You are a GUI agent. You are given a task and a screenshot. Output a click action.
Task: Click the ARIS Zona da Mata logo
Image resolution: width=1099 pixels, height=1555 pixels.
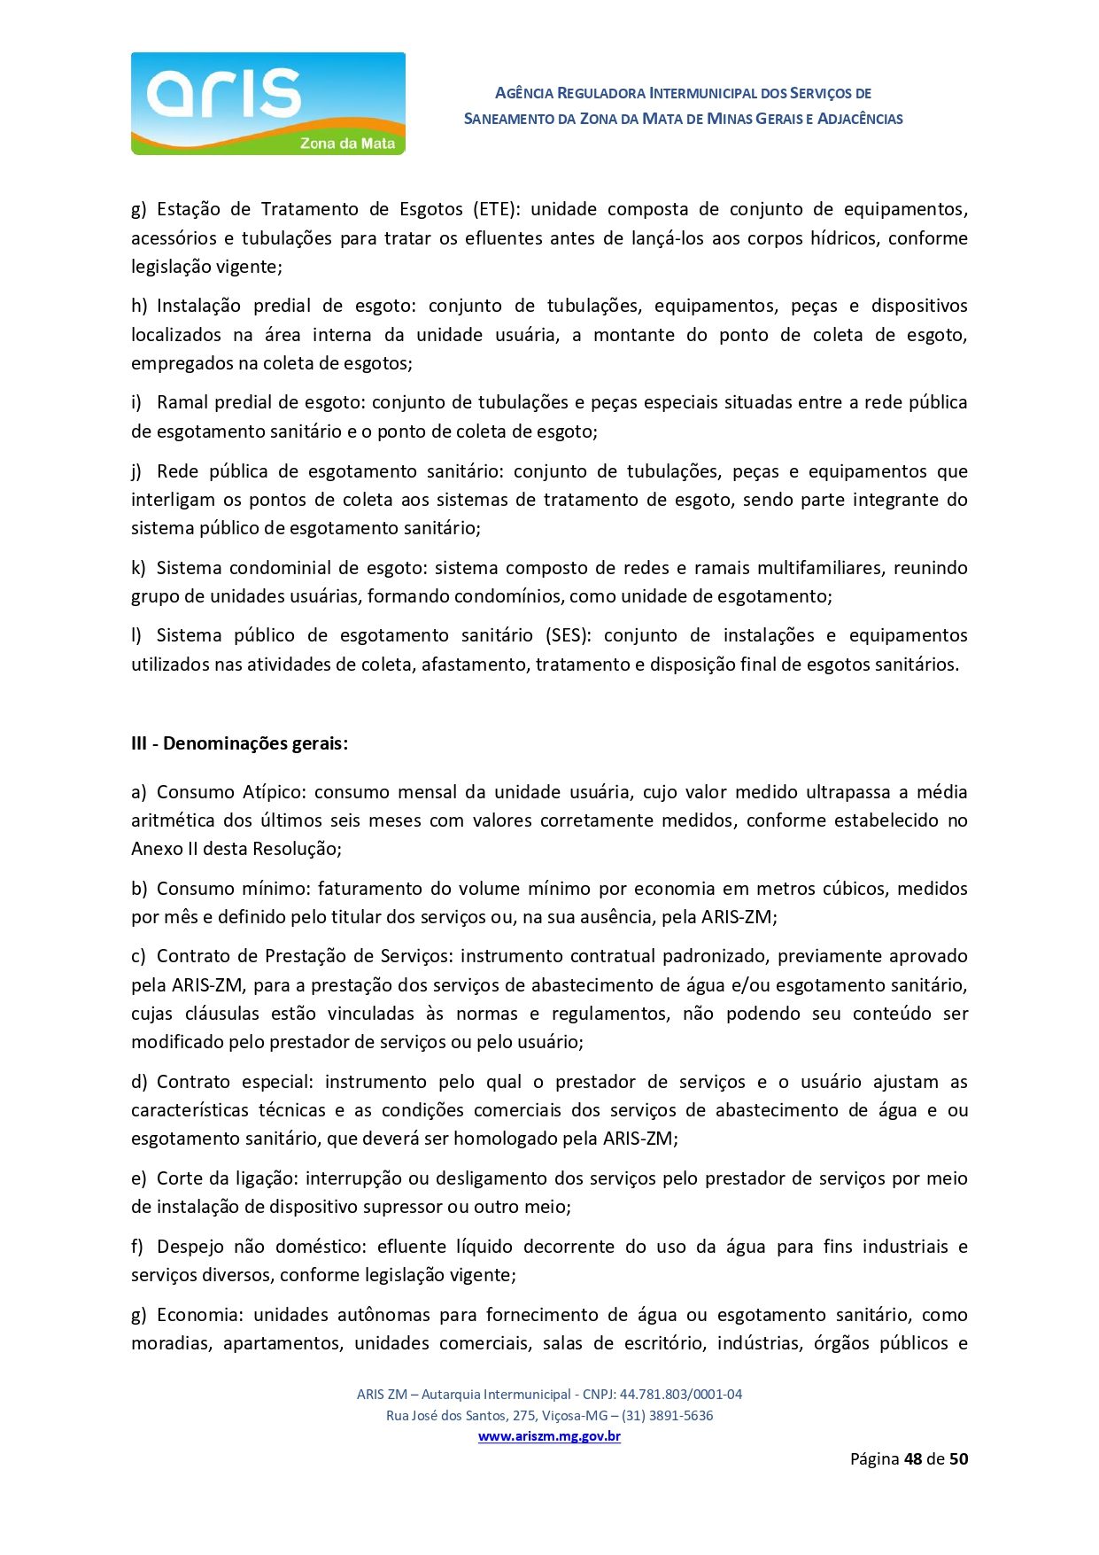point(267,104)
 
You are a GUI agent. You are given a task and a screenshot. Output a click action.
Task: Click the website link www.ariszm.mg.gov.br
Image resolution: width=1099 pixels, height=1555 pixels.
point(549,1436)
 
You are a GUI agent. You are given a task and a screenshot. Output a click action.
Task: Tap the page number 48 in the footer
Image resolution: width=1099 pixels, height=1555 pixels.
point(913,1458)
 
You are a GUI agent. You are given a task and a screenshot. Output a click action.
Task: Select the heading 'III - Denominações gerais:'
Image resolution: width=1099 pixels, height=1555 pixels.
point(239,743)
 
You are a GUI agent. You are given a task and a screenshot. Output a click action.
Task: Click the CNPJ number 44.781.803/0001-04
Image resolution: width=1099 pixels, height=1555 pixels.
point(680,1394)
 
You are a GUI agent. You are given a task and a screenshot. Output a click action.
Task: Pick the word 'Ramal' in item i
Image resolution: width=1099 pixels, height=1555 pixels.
point(183,402)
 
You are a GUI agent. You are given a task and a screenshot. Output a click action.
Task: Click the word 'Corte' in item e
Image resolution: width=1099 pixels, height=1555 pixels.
point(180,1178)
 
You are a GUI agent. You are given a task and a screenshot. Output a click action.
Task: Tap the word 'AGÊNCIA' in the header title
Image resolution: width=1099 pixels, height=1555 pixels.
point(523,93)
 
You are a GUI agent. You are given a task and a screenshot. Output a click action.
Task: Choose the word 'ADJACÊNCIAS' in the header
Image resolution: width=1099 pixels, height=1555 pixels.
point(860,119)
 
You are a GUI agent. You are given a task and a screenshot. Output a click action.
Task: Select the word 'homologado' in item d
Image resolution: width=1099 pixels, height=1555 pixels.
point(510,1139)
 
